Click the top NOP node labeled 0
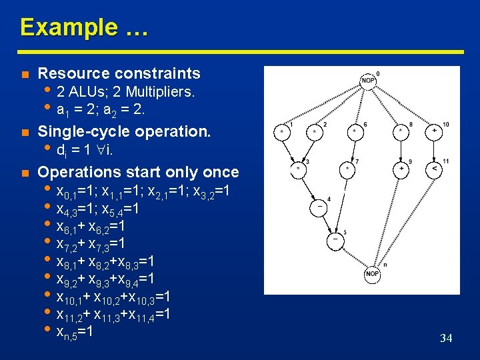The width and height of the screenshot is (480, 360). pos(368,80)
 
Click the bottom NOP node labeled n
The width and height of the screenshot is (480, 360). pos(372,274)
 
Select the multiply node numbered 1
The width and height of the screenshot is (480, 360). pos(282,133)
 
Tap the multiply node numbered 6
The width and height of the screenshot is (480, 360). pos(354,133)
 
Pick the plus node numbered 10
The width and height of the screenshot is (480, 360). pos(435,133)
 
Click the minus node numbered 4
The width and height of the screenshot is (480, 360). pos(320,207)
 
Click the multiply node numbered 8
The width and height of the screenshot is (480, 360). pos(401,133)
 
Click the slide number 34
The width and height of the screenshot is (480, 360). pos(446,339)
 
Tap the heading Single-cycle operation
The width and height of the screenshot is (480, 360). pos(124,131)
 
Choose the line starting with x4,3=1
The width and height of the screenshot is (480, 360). pos(98,209)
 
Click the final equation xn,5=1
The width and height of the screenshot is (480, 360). pos(74,331)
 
